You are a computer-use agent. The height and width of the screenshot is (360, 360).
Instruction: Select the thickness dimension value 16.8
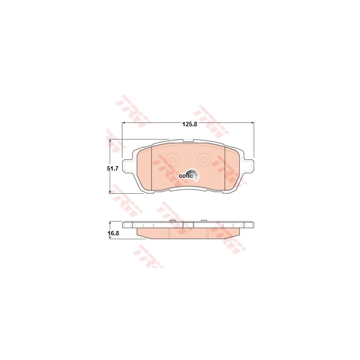pos(113,234)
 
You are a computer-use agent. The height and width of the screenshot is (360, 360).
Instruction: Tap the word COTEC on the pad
pos(186,176)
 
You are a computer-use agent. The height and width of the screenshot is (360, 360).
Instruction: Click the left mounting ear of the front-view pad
pos(127,166)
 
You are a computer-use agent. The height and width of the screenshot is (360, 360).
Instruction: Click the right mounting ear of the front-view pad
pos(250,166)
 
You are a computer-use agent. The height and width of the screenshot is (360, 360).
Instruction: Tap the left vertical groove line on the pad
pos(152,169)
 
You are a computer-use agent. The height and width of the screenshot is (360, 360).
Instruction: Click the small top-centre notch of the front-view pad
pos(188,141)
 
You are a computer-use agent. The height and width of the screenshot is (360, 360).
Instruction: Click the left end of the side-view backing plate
pos(125,225)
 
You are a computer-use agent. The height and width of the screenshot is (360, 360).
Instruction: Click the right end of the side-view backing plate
pos(251,225)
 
